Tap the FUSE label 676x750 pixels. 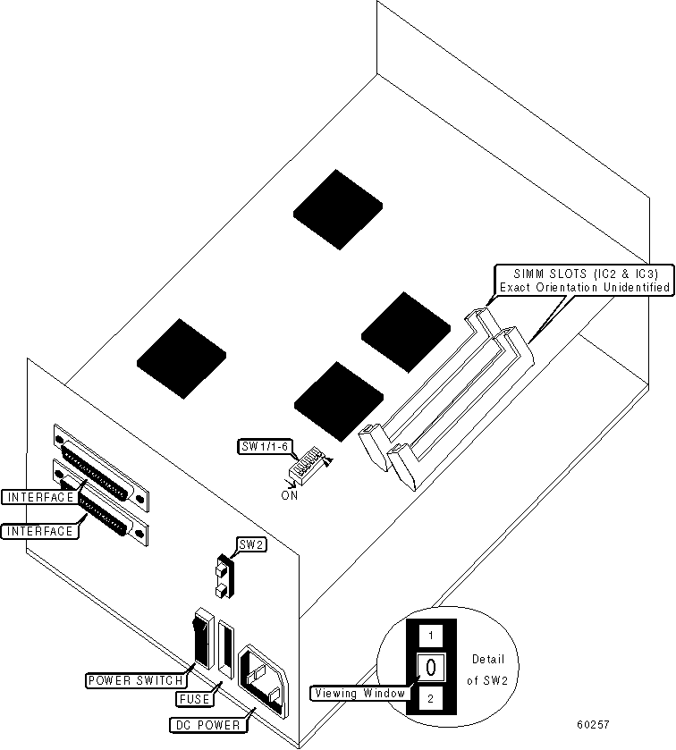point(194,699)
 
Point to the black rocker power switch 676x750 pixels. point(199,644)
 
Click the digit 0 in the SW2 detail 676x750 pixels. point(430,667)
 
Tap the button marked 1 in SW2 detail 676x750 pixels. point(431,636)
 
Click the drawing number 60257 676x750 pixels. point(594,724)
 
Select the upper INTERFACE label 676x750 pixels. point(38,496)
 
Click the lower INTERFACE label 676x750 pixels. point(39,531)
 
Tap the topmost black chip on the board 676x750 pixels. point(337,207)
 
